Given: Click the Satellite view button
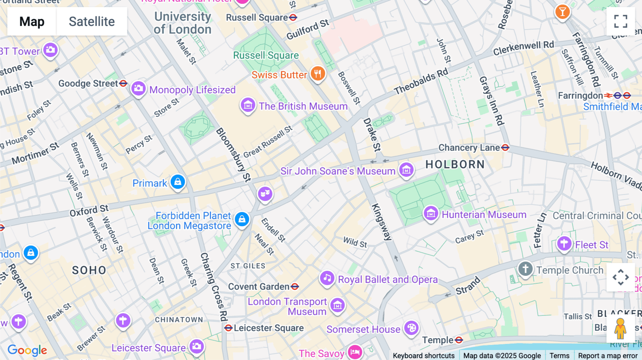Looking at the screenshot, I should [x=92, y=21].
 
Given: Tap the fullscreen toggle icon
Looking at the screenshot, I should [x=621, y=21].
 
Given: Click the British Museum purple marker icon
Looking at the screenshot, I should [x=248, y=105].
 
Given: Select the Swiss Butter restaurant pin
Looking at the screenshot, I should [x=317, y=73].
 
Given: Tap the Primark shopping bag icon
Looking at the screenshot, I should [x=178, y=182].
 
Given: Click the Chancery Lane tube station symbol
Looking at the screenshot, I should [x=505, y=148].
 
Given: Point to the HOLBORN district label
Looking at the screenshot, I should [x=455, y=164].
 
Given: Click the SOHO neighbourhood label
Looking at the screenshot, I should [x=89, y=270].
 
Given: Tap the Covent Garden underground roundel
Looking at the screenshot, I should [x=295, y=287].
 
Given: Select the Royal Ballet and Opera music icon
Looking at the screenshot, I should [x=327, y=278].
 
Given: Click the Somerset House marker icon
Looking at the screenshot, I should [x=411, y=328].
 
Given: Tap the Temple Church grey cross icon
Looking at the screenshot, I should [x=525, y=269].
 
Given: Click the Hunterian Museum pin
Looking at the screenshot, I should [x=431, y=214].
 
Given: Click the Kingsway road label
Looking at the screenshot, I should [x=382, y=222].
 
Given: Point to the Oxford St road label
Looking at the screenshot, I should [x=89, y=211].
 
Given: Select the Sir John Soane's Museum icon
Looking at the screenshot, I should [x=406, y=170].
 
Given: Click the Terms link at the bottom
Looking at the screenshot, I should [x=559, y=355].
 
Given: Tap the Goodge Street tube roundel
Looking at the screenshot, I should [x=123, y=83].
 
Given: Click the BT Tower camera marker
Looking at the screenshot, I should [x=50, y=50].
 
